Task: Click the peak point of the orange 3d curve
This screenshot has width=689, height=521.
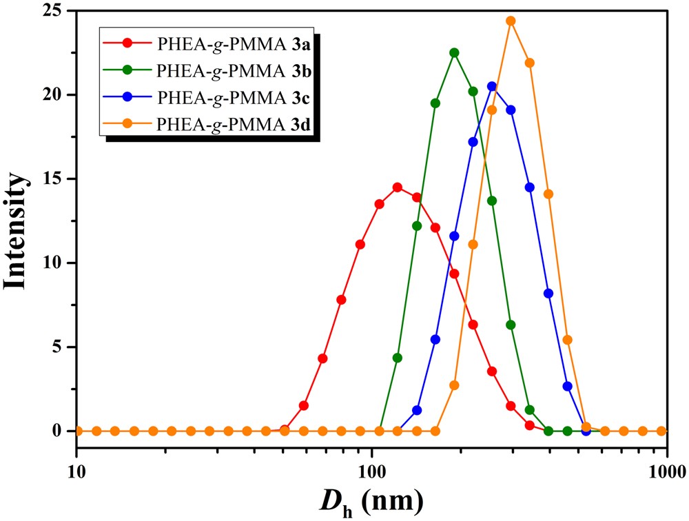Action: tap(511, 21)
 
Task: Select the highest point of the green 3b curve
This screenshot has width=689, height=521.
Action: tap(454, 52)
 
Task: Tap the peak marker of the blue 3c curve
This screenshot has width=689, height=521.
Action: tap(492, 86)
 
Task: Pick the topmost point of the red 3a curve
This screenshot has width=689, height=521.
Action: tap(398, 187)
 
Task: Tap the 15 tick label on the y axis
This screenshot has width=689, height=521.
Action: tap(56, 178)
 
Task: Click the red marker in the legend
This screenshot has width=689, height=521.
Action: tap(129, 45)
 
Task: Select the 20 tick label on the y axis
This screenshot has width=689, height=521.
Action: tap(56, 94)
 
